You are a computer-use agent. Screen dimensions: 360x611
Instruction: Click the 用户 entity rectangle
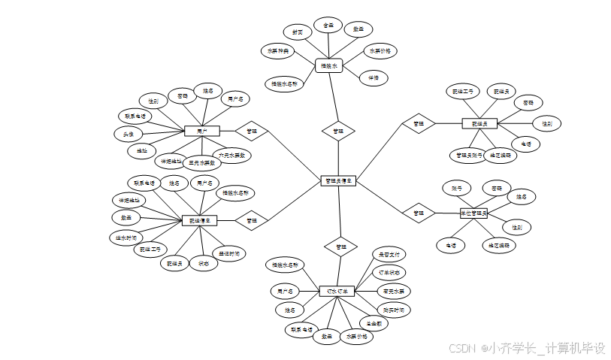(x=201, y=131)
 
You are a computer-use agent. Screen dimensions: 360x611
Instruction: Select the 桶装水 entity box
(x=328, y=65)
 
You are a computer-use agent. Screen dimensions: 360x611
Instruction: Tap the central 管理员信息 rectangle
(x=337, y=180)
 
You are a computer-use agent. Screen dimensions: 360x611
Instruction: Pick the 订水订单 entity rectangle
(x=336, y=291)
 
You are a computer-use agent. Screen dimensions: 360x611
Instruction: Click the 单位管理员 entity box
(x=473, y=213)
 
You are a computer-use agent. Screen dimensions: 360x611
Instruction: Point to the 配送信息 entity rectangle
(x=199, y=220)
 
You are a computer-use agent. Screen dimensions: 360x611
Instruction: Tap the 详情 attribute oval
(x=374, y=77)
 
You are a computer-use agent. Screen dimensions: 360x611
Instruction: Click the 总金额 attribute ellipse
(x=374, y=324)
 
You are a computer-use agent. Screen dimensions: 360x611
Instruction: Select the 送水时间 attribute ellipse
(x=125, y=237)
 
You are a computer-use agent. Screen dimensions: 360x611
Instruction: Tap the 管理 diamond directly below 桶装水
(x=338, y=131)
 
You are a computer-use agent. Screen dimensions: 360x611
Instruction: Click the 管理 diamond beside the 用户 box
(x=251, y=131)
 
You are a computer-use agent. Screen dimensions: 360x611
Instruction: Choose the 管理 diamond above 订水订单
(x=340, y=246)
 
